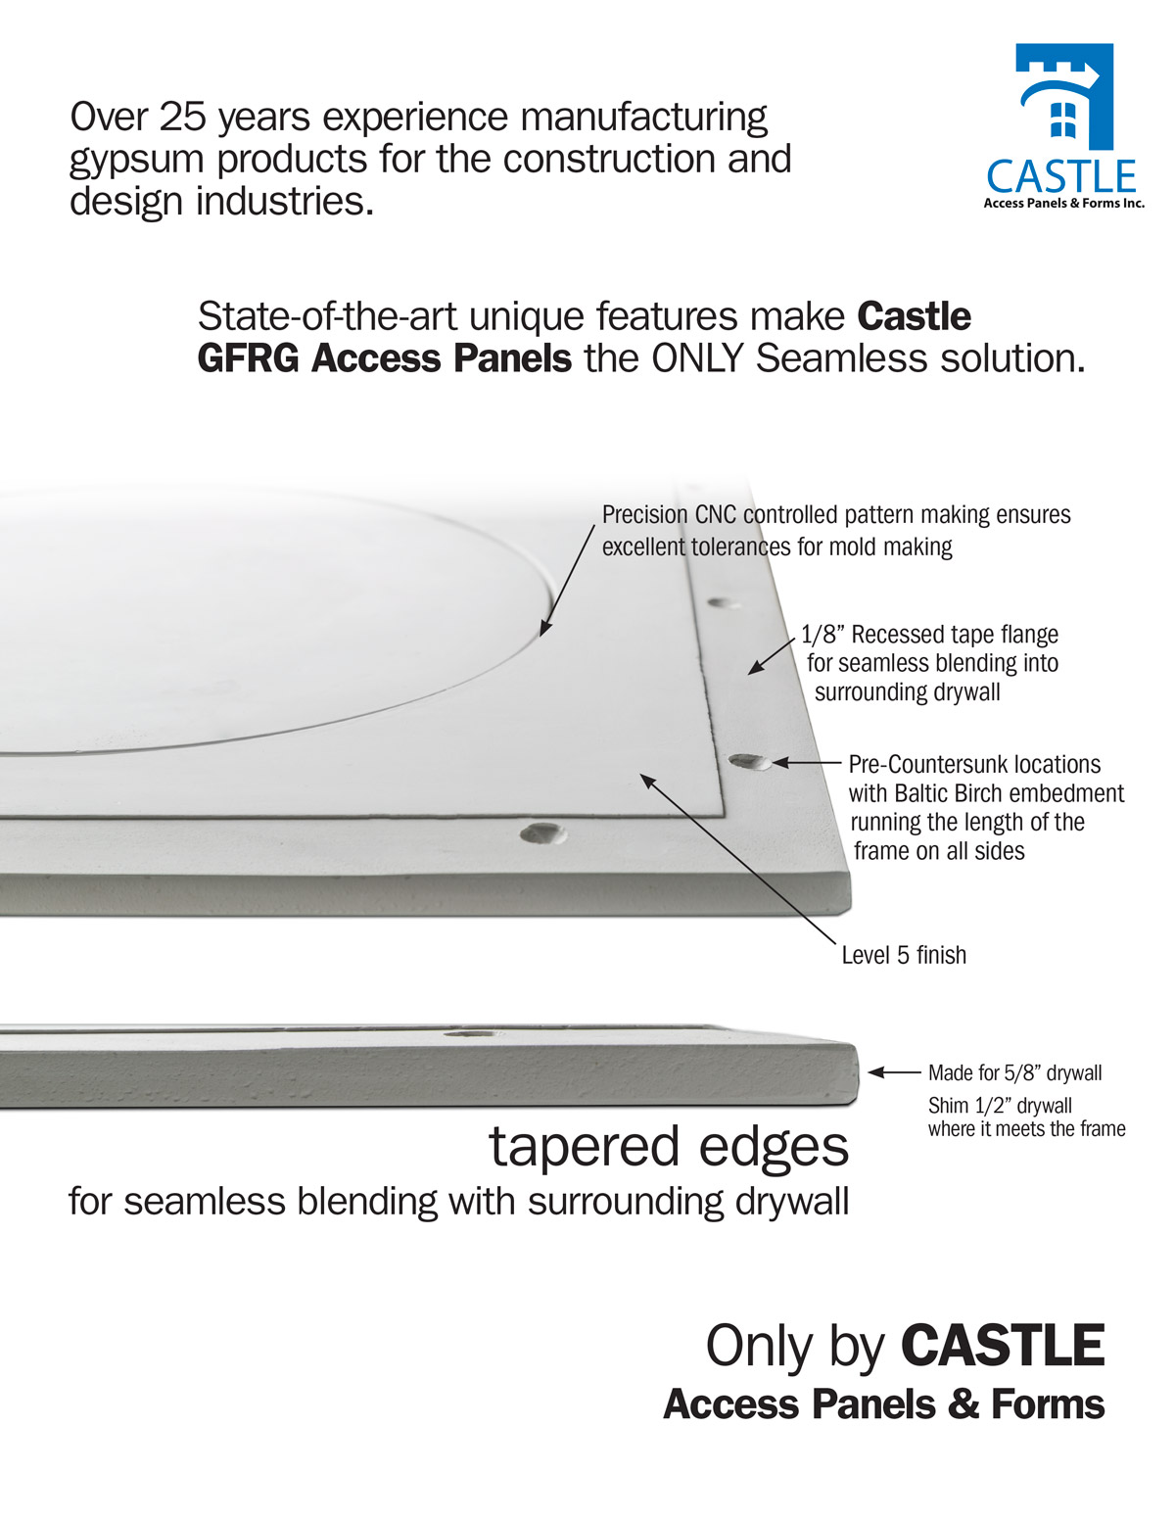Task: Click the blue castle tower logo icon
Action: click(x=1063, y=96)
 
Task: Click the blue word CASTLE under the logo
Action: click(x=1061, y=177)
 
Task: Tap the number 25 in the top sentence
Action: click(x=180, y=117)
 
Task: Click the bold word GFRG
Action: click(x=249, y=358)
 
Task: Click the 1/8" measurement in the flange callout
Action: click(x=822, y=635)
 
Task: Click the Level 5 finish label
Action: click(x=904, y=955)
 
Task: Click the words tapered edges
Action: click(x=669, y=1147)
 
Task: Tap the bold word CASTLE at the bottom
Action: click(x=1002, y=1347)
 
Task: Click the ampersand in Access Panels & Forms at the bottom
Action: click(x=963, y=1404)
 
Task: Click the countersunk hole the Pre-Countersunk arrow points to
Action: click(x=749, y=761)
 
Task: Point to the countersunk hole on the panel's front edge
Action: click(x=541, y=833)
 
